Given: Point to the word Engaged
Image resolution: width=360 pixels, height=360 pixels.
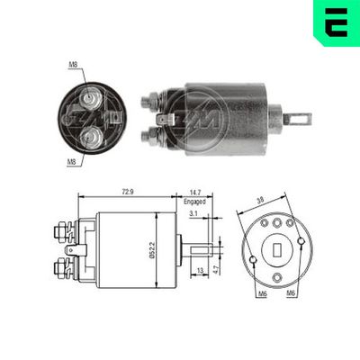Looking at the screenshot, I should pos(195,202).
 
